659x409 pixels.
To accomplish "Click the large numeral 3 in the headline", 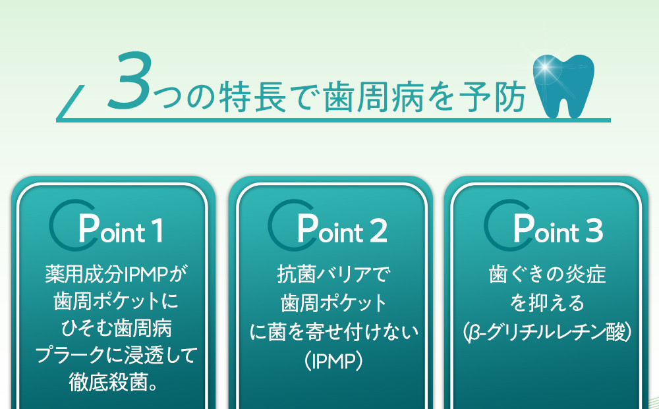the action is pyautogui.click(x=129, y=80).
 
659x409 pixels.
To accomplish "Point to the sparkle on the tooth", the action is pyautogui.click(x=545, y=67).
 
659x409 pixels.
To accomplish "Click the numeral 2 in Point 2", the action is pyautogui.click(x=378, y=231).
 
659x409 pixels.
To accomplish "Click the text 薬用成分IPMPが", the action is pyautogui.click(x=117, y=274).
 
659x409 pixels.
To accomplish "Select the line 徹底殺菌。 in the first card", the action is pyautogui.click(x=113, y=382).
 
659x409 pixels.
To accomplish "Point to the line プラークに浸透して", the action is pyautogui.click(x=116, y=355).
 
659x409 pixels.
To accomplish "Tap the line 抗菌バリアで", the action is pyautogui.click(x=333, y=274).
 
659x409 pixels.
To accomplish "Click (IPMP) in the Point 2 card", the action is pyautogui.click(x=333, y=360).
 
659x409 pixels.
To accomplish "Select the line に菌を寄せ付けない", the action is pyautogui.click(x=334, y=332).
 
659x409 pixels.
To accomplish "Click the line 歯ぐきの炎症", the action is pyautogui.click(x=547, y=274).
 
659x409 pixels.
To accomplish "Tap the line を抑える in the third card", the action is pyautogui.click(x=547, y=303).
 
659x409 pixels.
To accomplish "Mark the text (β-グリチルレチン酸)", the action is pyautogui.click(x=547, y=332).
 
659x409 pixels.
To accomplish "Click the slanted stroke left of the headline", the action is pyautogui.click(x=71, y=102).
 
